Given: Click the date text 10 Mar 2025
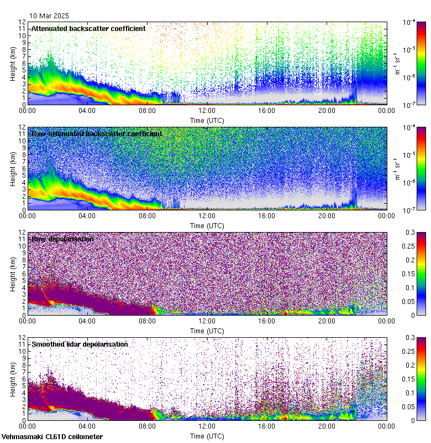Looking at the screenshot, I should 53,16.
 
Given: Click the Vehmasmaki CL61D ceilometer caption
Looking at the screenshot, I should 52,437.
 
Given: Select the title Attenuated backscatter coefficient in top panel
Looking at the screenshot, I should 88,28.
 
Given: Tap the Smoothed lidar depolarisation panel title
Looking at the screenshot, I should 80,344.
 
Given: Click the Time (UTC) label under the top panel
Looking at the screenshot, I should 208,120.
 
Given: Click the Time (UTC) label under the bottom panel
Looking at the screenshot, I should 208,436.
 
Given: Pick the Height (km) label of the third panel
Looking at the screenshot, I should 13,274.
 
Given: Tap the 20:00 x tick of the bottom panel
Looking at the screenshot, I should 327,427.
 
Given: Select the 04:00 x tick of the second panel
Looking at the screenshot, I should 87,217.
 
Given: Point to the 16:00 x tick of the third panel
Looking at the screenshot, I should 266,322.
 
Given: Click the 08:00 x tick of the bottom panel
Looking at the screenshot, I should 147,427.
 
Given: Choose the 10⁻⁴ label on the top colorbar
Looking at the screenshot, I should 410,23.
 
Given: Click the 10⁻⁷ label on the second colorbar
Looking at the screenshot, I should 410,210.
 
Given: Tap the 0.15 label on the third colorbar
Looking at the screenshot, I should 409,274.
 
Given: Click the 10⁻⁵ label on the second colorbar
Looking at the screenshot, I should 410,154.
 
